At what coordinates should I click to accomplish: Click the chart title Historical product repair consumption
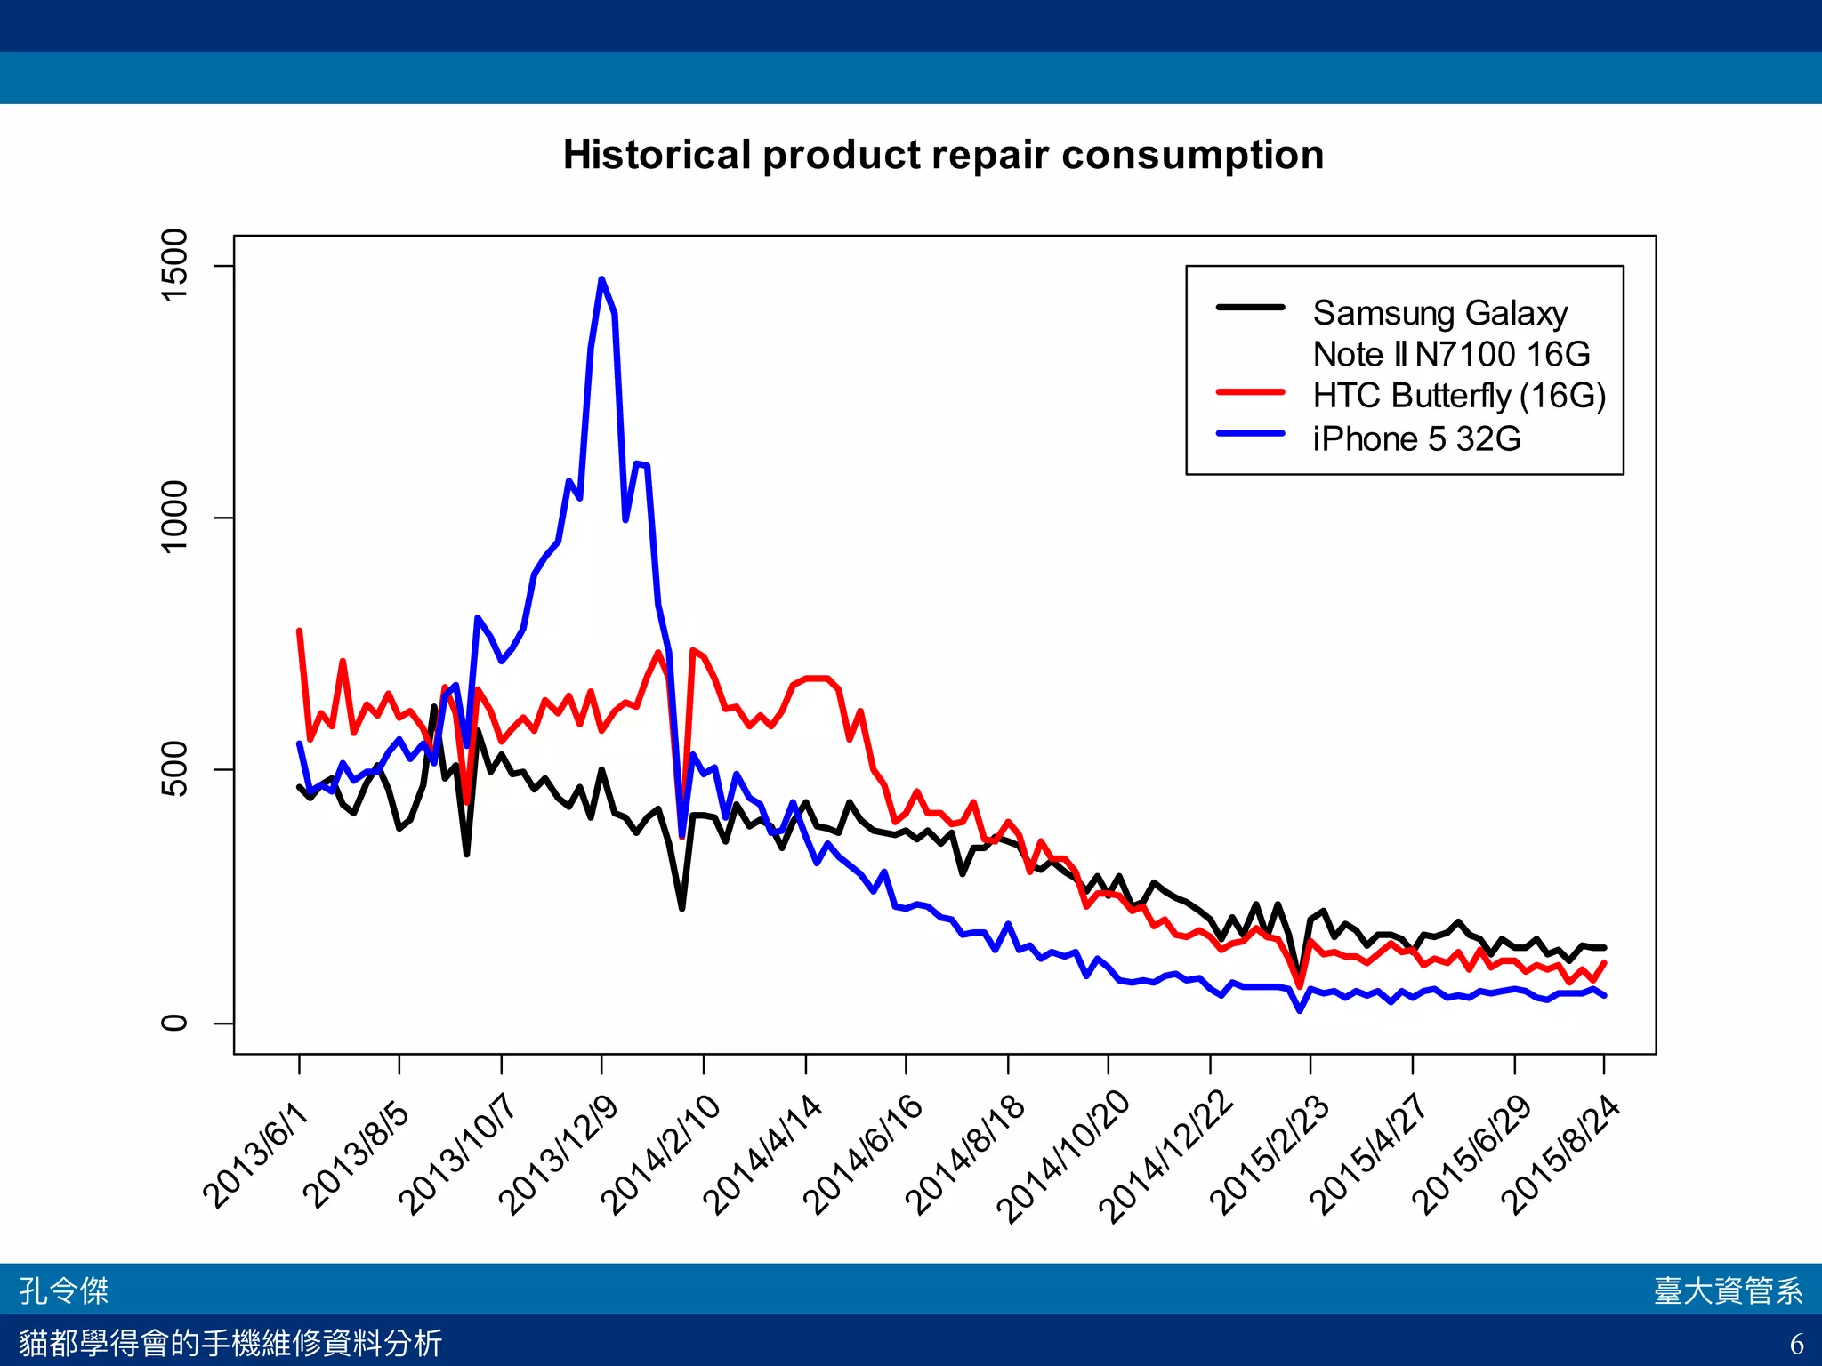[x=943, y=155]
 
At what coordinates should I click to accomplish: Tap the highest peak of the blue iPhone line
[x=601, y=280]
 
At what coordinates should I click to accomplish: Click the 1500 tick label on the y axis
[x=174, y=265]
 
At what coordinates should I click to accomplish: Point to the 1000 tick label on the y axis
[x=174, y=517]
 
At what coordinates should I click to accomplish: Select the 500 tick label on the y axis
[x=174, y=769]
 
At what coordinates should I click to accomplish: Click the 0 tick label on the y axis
[x=174, y=1023]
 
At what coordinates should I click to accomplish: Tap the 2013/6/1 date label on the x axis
[x=255, y=1156]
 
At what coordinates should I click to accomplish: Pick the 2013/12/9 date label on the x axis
[x=558, y=1156]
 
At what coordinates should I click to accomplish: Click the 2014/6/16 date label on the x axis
[x=863, y=1156]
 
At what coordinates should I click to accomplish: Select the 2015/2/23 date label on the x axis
[x=1270, y=1156]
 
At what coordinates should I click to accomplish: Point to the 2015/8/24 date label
[x=1561, y=1156]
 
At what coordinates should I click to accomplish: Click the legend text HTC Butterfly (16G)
[x=1459, y=396]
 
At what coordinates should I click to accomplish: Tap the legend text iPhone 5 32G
[x=1416, y=438]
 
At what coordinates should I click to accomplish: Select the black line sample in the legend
[x=1250, y=308]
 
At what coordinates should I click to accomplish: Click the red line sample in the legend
[x=1250, y=391]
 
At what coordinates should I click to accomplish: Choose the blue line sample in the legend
[x=1250, y=434]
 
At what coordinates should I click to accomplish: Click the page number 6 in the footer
[x=1796, y=1343]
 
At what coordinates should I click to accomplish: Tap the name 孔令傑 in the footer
[x=64, y=1290]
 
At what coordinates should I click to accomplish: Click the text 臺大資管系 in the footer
[x=1728, y=1290]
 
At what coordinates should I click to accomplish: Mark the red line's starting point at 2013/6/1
[x=299, y=631]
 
